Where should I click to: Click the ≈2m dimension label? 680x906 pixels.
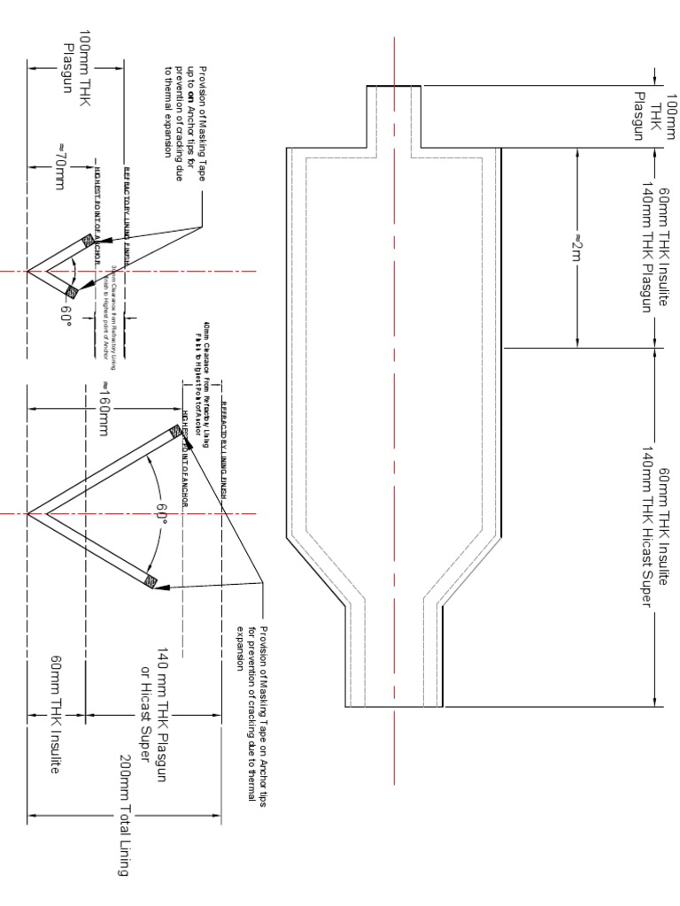[578, 247]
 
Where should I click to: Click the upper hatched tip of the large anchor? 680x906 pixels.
[176, 433]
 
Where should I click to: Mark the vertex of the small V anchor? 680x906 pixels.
[28, 271]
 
